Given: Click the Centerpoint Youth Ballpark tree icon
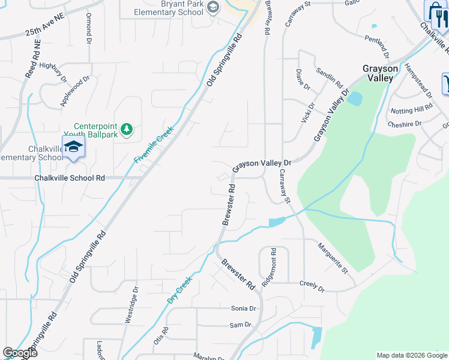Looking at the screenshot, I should [x=127, y=129].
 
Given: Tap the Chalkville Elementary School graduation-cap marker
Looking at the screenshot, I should [x=73, y=148].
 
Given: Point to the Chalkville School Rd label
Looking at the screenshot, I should [x=70, y=178].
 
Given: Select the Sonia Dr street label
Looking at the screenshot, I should [x=244, y=308].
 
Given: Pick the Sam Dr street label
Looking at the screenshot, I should [x=240, y=325].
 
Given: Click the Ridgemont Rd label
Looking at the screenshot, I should [x=273, y=262].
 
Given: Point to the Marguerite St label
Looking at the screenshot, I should [x=333, y=259].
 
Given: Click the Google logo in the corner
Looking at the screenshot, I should [x=20, y=353].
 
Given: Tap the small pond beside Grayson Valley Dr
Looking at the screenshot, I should [x=355, y=98].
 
